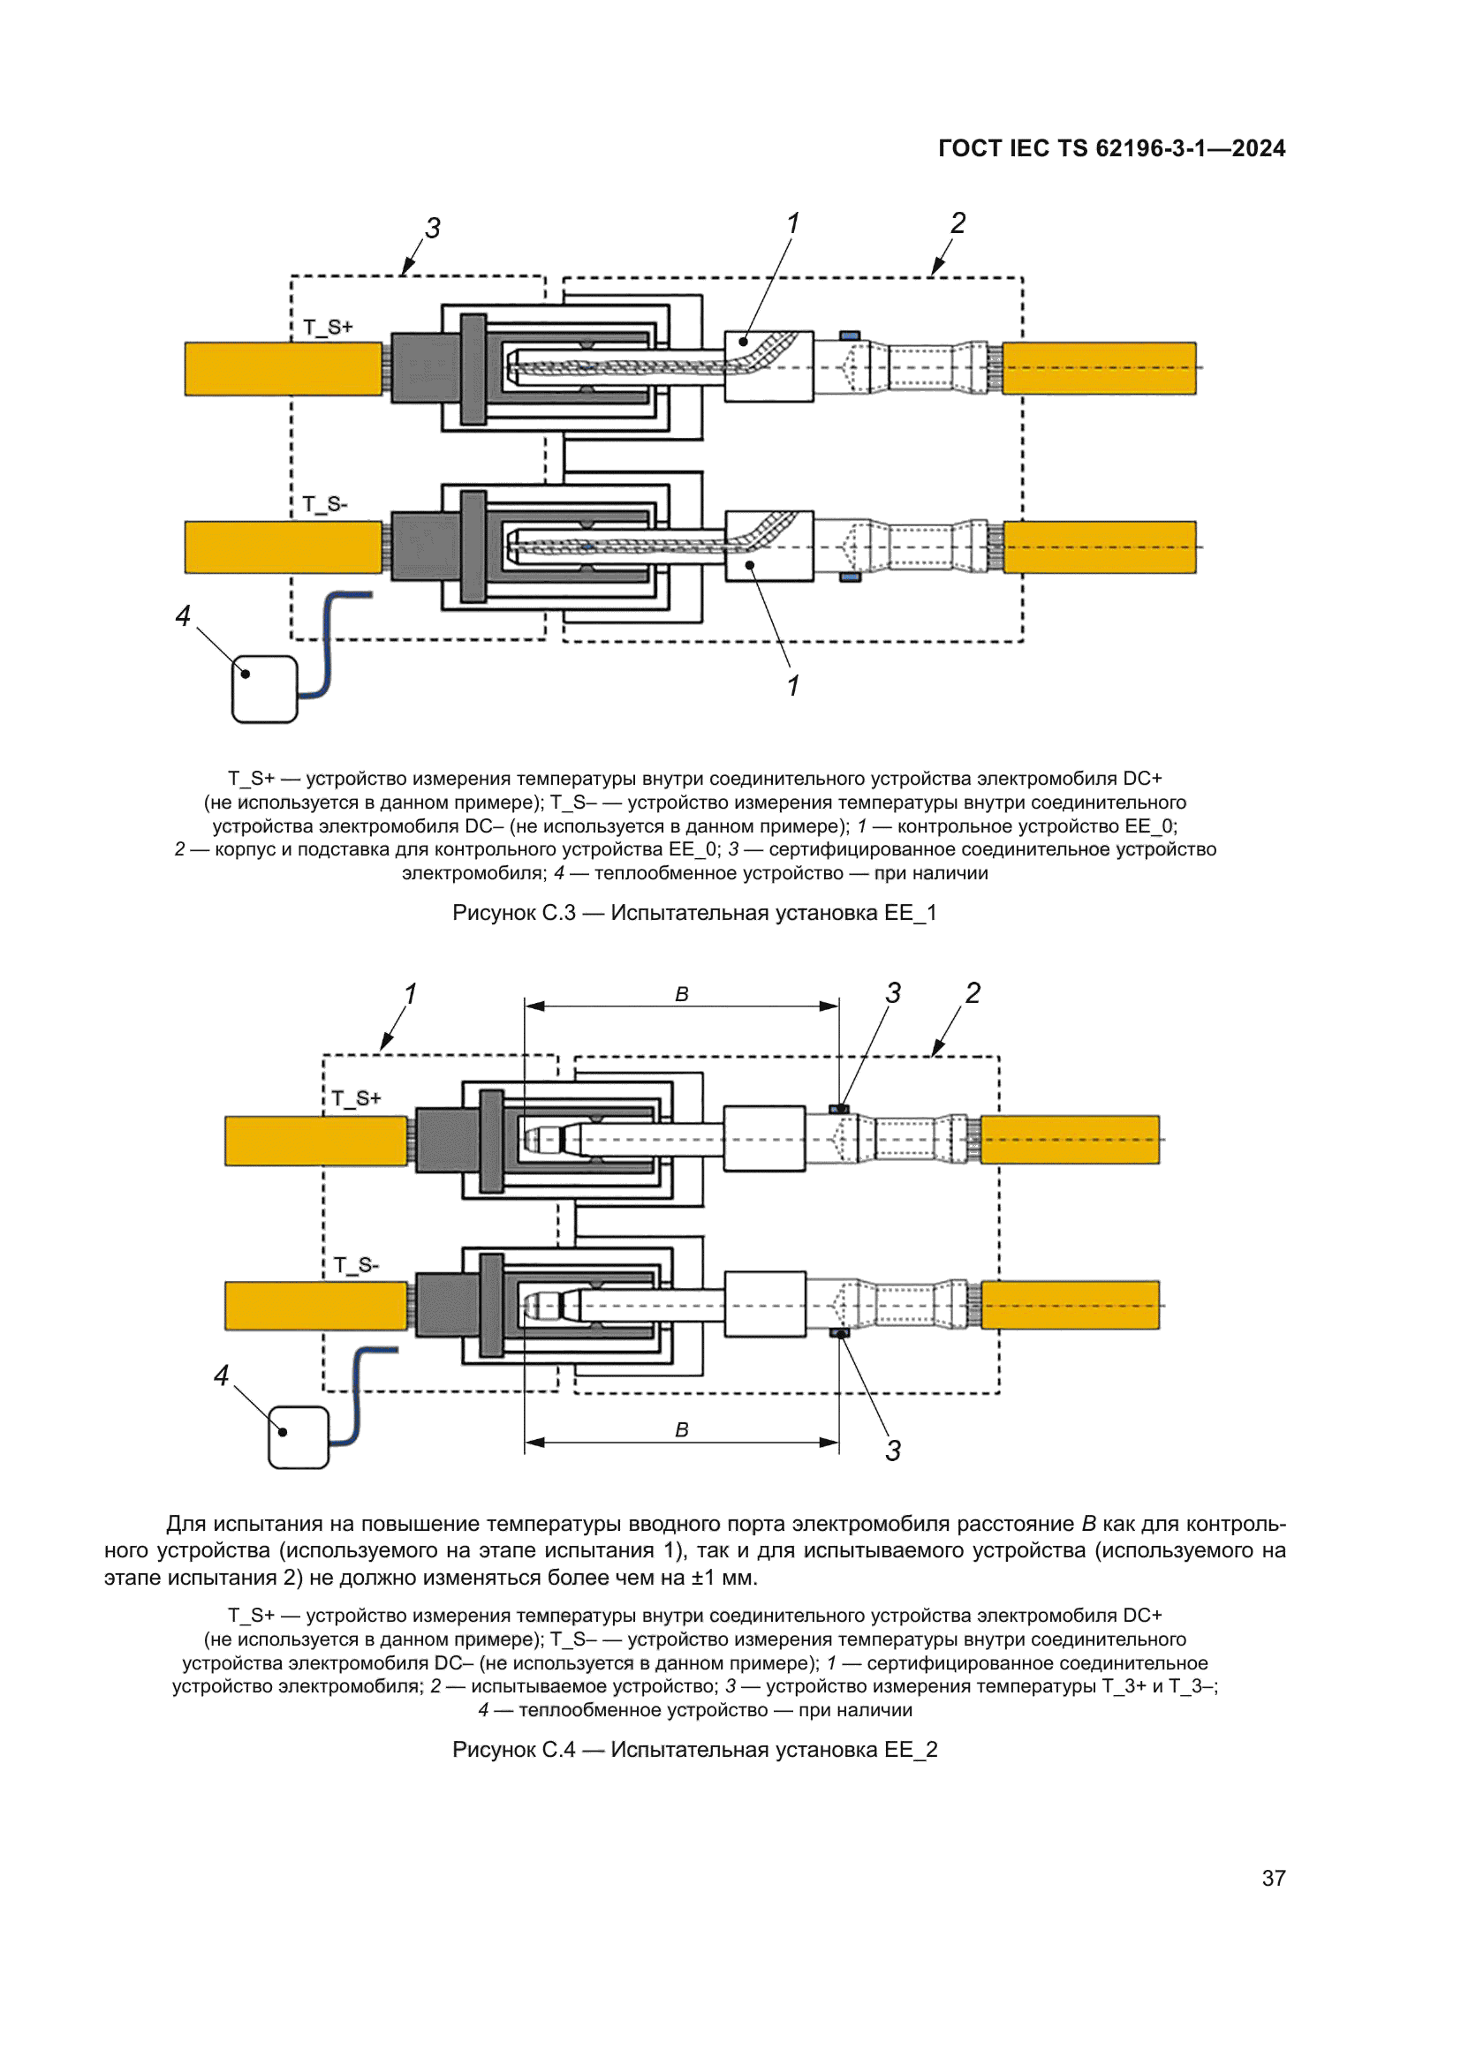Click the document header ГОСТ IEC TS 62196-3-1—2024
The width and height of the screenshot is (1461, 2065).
1111,148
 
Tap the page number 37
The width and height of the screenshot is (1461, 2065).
1273,1878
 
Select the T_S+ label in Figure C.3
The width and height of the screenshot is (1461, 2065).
328,328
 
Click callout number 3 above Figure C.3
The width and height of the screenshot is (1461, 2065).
433,229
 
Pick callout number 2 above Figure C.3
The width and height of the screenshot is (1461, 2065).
958,223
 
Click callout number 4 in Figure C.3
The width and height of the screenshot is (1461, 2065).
183,616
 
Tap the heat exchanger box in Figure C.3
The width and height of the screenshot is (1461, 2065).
264,689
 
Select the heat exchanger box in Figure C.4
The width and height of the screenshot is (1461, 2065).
299,1437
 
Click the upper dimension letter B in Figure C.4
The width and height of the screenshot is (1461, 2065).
682,995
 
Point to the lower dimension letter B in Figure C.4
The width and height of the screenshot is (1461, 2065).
682,1430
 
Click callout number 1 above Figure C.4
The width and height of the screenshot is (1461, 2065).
410,995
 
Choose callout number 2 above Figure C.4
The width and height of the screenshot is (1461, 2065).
973,994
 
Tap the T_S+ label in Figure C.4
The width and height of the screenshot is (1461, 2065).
356,1099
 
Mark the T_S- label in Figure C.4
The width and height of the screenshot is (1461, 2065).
356,1265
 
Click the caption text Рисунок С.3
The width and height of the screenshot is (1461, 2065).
514,913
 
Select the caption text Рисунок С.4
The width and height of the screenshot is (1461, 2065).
514,1749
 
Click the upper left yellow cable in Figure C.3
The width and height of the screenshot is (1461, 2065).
284,369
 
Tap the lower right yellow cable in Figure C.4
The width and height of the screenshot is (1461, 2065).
1070,1305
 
